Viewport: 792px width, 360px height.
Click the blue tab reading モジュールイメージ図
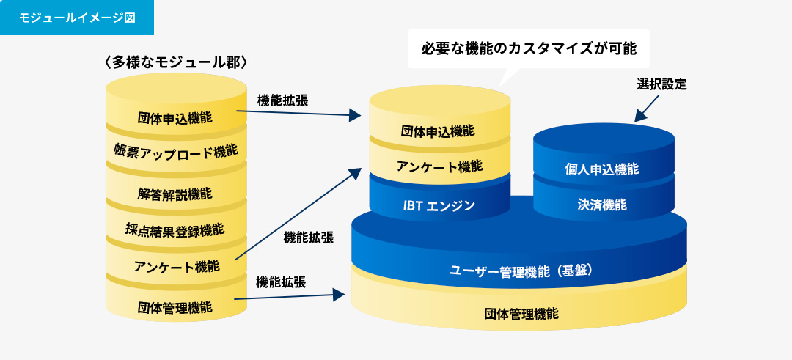click(x=77, y=18)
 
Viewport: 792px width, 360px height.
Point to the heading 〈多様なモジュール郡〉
click(x=176, y=62)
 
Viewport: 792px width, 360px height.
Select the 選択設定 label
click(x=661, y=84)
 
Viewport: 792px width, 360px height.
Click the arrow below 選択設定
click(x=647, y=108)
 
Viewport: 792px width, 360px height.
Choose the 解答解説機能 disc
click(x=176, y=192)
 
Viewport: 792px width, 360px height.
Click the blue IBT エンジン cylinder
click(x=440, y=201)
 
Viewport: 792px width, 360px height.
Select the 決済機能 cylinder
click(x=604, y=202)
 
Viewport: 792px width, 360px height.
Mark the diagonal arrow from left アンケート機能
click(x=298, y=214)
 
